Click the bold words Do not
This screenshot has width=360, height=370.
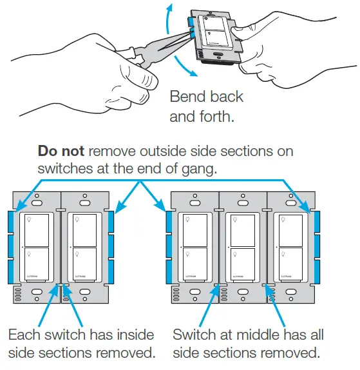coord(62,152)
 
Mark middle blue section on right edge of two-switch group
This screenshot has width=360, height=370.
coord(112,246)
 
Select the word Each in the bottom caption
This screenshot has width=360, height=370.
coord(23,335)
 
